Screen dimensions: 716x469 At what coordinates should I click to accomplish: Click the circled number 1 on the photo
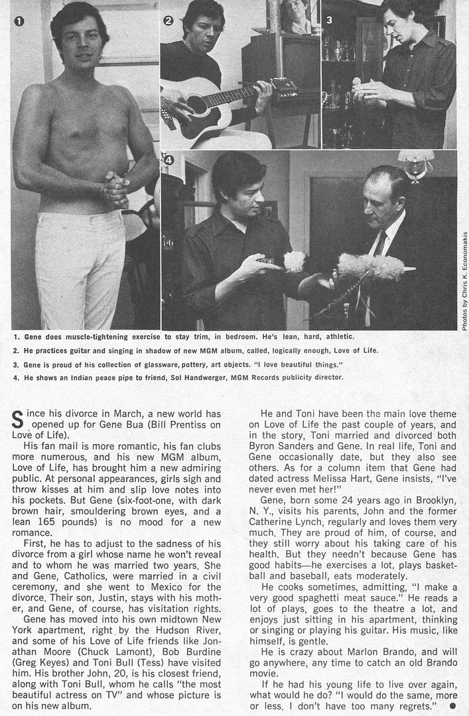coord(19,21)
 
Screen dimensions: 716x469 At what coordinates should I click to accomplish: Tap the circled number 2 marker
coord(168,21)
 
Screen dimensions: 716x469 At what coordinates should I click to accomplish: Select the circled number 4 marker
coord(168,160)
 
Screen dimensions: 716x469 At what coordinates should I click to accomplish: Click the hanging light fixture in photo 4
coord(415,165)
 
